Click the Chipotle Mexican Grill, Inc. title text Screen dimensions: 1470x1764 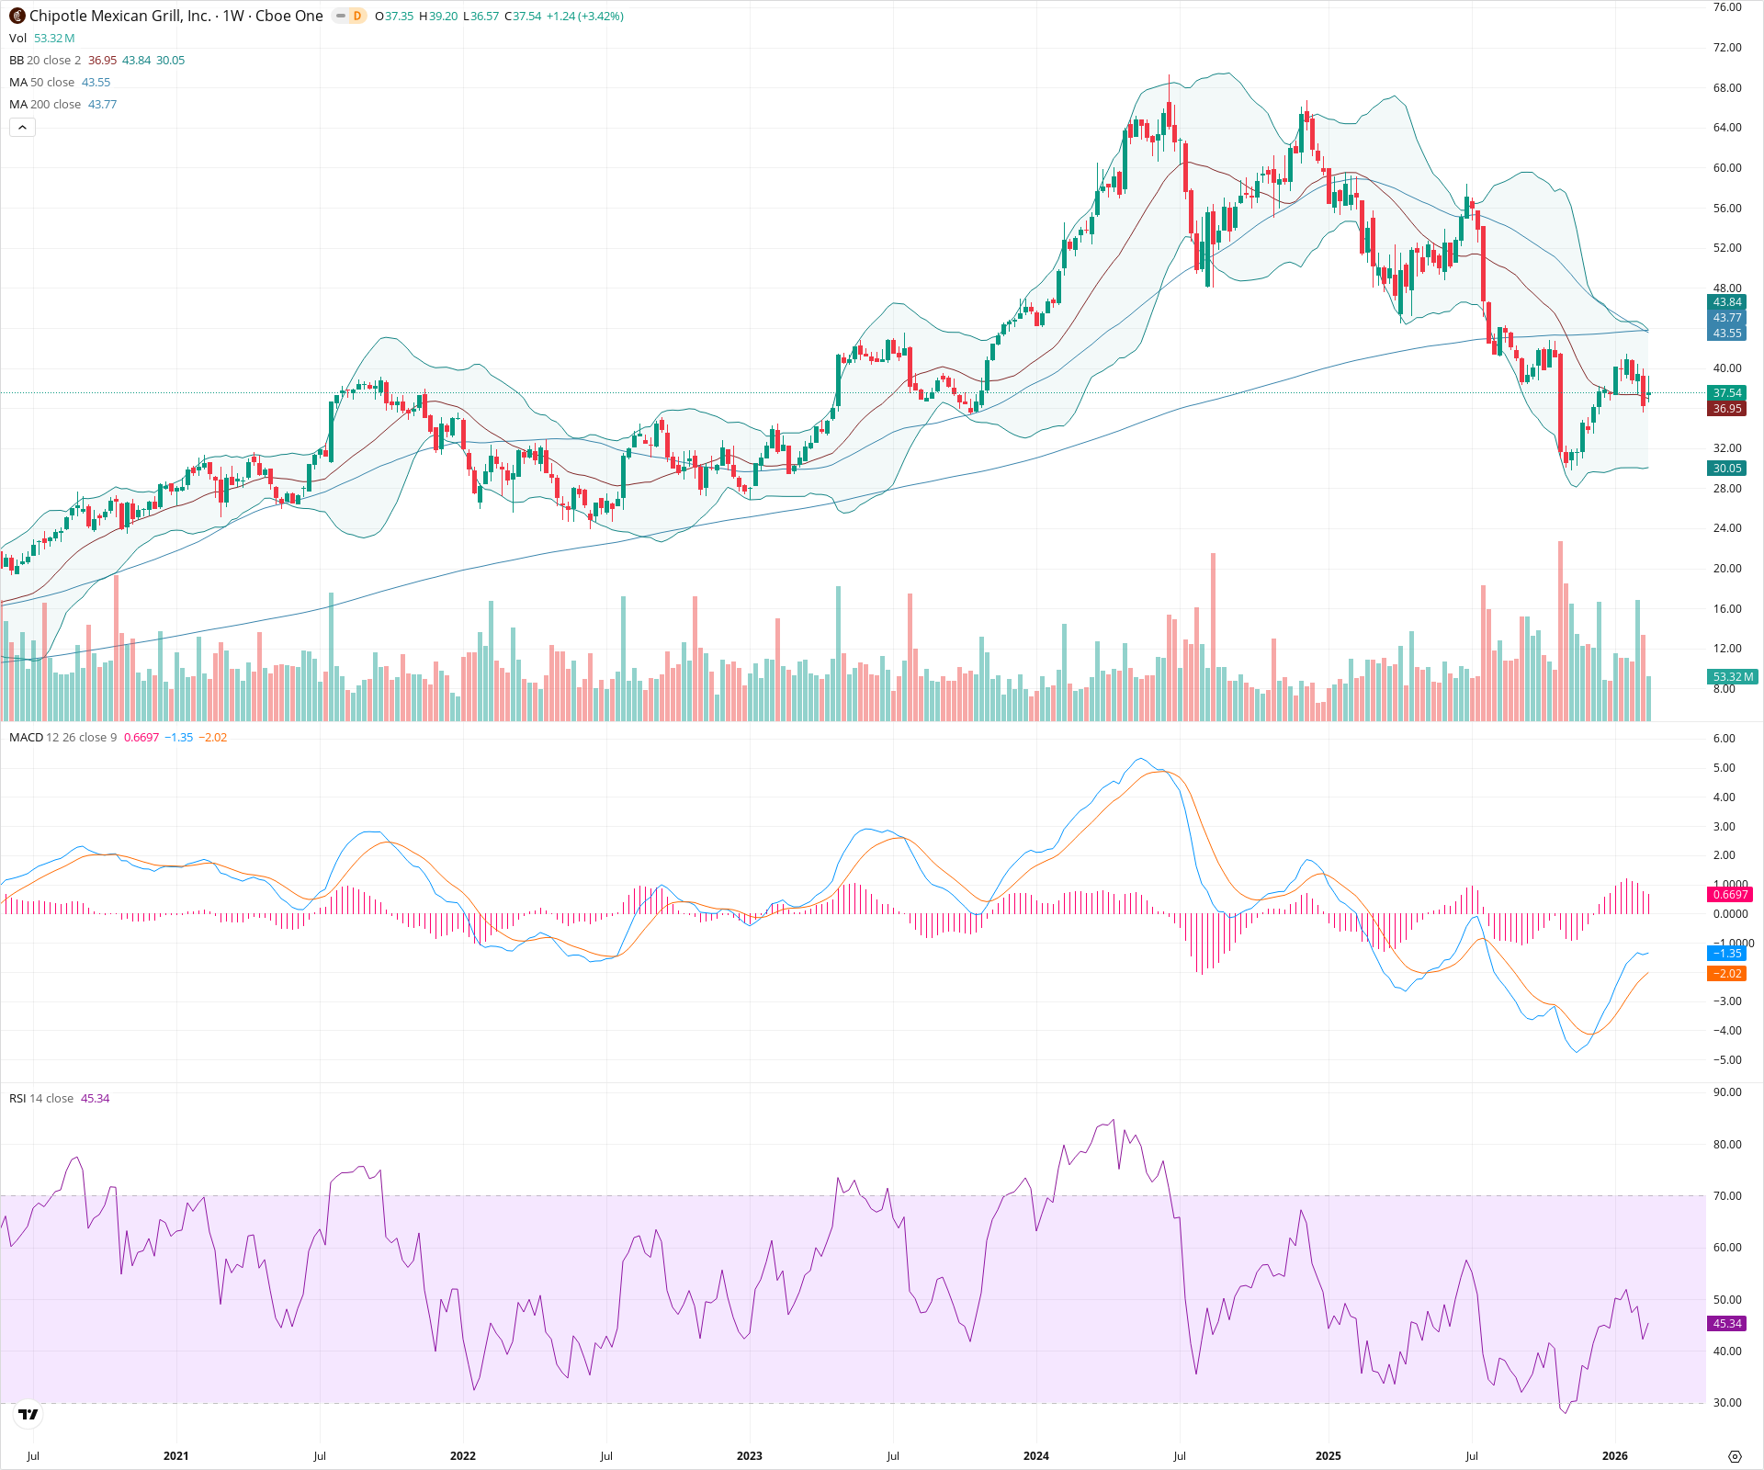pyautogui.click(x=119, y=16)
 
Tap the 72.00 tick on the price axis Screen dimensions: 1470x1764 pyautogui.click(x=1726, y=48)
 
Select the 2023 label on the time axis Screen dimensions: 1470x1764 pyautogui.click(x=749, y=1455)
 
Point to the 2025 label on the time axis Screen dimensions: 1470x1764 pyautogui.click(x=1328, y=1455)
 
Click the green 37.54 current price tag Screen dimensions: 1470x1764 pyautogui.click(x=1726, y=393)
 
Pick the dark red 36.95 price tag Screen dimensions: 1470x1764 pyautogui.click(x=1726, y=409)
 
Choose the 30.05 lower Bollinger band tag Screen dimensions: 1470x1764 pyautogui.click(x=1726, y=469)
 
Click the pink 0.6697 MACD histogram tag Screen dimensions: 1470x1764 pyautogui.click(x=1730, y=895)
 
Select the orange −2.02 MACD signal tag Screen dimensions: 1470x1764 pyautogui.click(x=1727, y=974)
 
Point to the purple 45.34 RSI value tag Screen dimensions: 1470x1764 pyautogui.click(x=1726, y=1324)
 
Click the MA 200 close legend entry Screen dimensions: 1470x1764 pyautogui.click(x=62, y=105)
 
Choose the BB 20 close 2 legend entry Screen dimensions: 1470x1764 pyautogui.click(x=96, y=61)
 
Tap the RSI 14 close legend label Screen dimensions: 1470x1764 pyautogui.click(x=41, y=1099)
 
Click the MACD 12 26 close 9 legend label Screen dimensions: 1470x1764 pyautogui.click(x=62, y=738)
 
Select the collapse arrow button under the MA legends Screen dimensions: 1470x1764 pyautogui.click(x=22, y=128)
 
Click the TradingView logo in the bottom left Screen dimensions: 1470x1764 pyautogui.click(x=28, y=1415)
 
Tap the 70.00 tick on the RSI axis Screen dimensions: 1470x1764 pyautogui.click(x=1726, y=1196)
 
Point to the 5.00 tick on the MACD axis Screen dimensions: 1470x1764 pyautogui.click(x=1724, y=768)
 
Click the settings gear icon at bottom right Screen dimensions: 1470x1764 pyautogui.click(x=1735, y=1456)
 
